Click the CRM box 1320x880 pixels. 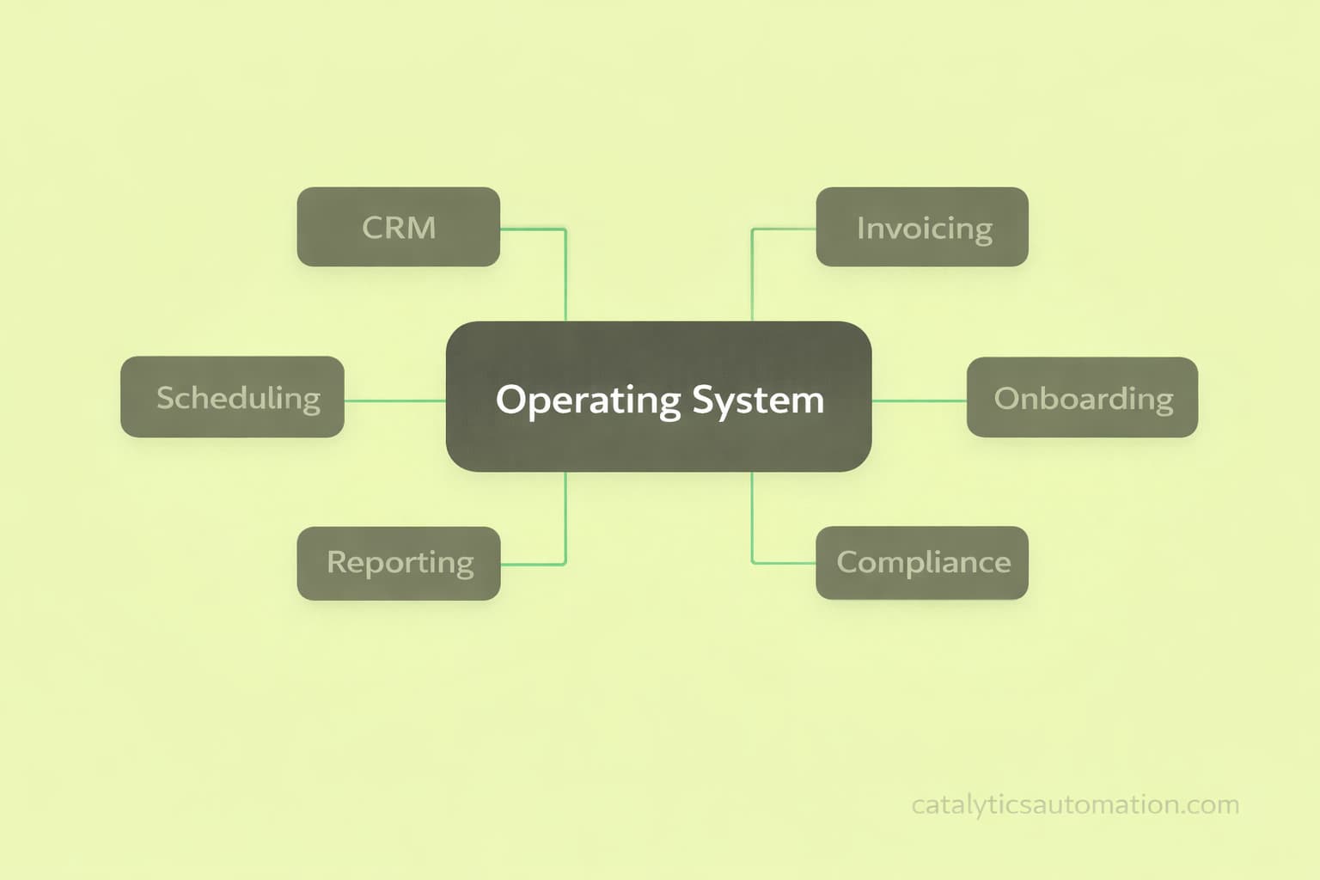pyautogui.click(x=398, y=227)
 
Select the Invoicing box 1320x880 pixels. pyautogui.click(x=921, y=227)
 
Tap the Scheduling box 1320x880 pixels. pyautogui.click(x=232, y=397)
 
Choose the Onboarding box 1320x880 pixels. pyautogui.click(x=1082, y=397)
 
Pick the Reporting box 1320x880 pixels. pyautogui.click(x=398, y=563)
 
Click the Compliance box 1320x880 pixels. pyautogui.click(x=921, y=563)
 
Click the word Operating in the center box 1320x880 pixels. pyautogui.click(x=588, y=400)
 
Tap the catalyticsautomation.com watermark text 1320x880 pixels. pyautogui.click(x=1074, y=805)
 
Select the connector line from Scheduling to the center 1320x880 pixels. pyautogui.click(x=394, y=400)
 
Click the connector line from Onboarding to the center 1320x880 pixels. pyautogui.click(x=919, y=400)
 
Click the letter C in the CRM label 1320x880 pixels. pyautogui.click(x=374, y=228)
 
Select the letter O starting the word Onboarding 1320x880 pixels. pyautogui.click(x=1006, y=399)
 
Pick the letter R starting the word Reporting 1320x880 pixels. pyautogui.click(x=337, y=562)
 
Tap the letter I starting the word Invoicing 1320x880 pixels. pyautogui.click(x=860, y=228)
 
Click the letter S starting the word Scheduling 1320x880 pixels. pyautogui.click(x=166, y=398)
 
